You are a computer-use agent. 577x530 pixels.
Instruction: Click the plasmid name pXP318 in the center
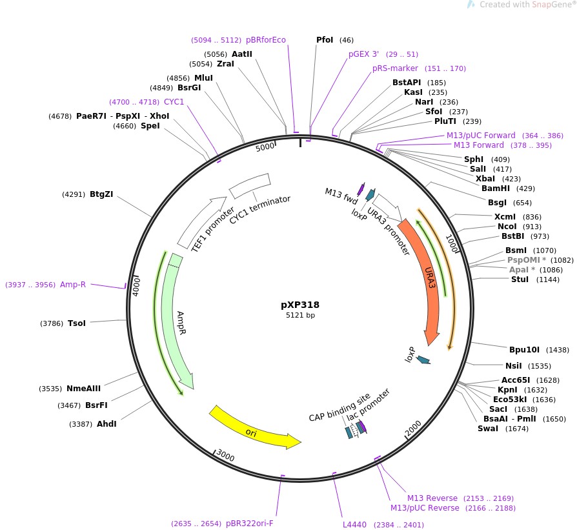300,305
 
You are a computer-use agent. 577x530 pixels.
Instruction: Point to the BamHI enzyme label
495,189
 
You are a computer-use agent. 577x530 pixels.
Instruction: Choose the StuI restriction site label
520,280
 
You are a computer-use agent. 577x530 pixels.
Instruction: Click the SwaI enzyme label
488,429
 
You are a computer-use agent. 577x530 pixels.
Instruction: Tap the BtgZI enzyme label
101,194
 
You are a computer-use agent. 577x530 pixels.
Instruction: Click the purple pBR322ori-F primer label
250,523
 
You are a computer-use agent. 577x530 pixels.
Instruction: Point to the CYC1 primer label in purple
174,102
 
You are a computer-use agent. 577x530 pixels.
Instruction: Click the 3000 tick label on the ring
225,456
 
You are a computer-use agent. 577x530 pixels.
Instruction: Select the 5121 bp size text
300,316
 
